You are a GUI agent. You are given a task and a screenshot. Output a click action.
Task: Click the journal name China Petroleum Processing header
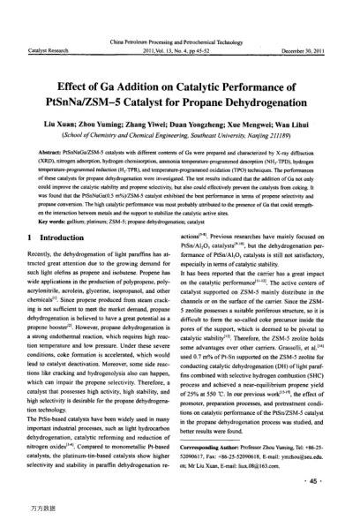tap(179, 41)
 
